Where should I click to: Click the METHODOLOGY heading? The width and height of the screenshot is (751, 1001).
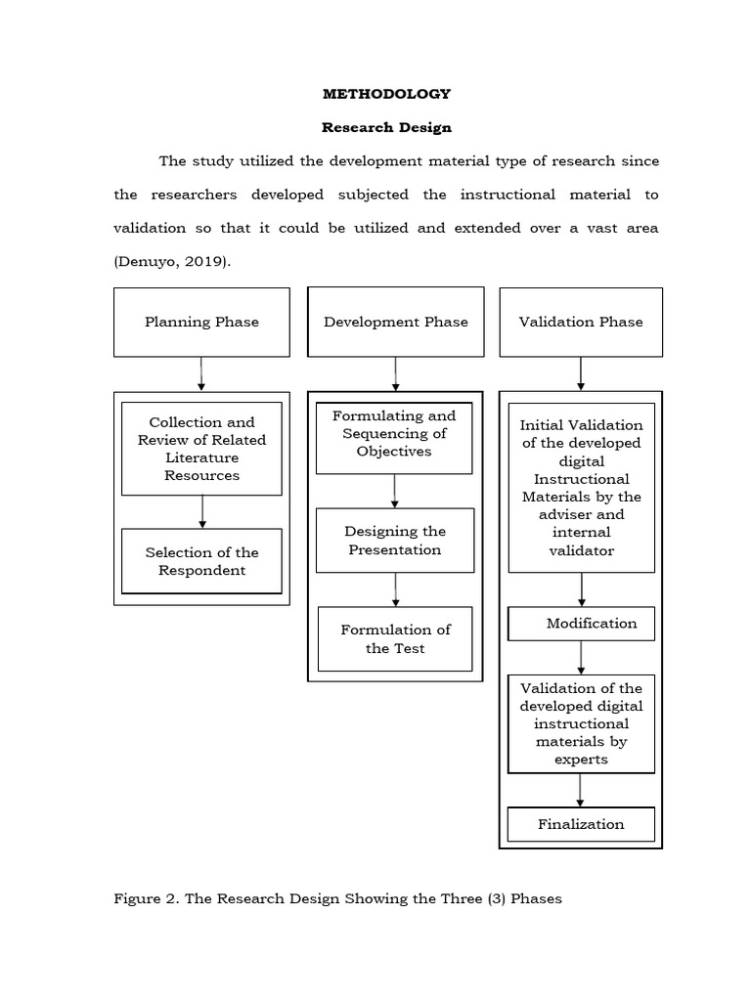(386, 94)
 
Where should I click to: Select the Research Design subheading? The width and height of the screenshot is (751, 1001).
(386, 127)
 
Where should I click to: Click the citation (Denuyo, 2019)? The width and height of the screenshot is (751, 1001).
(172, 261)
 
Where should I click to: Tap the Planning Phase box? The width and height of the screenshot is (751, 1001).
(201, 322)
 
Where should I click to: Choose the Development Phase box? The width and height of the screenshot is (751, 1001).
(395, 322)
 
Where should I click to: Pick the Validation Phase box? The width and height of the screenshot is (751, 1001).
(581, 322)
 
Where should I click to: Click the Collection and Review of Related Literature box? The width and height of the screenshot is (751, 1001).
(201, 449)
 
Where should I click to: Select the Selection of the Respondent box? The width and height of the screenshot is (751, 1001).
(201, 561)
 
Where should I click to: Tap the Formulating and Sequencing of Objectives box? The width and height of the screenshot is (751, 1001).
(394, 434)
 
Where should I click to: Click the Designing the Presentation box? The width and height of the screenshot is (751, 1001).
(395, 541)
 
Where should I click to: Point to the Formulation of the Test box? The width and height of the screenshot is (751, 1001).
(395, 639)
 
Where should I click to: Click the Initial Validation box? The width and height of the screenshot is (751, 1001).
(581, 487)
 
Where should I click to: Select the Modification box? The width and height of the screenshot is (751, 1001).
(581, 624)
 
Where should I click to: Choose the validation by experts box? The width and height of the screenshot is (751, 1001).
(581, 723)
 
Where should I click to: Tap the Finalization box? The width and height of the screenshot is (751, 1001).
(581, 824)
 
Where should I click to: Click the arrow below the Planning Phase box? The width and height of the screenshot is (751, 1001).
(201, 374)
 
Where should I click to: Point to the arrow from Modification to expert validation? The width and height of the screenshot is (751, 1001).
(582, 657)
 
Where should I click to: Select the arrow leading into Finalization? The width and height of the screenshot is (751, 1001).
(582, 789)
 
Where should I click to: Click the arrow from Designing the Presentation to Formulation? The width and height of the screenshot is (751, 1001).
(396, 589)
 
